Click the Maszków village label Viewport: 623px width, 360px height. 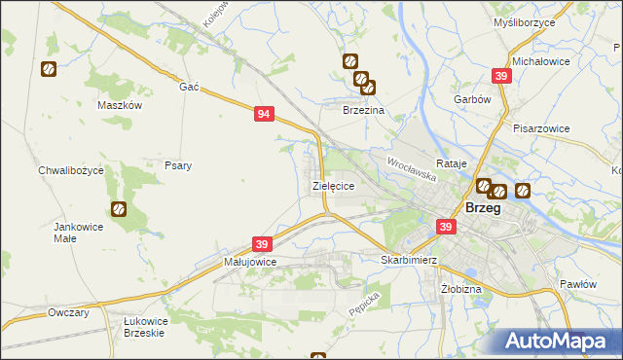pos(121,105)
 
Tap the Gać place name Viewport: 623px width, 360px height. pos(189,87)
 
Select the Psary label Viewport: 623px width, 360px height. pos(177,165)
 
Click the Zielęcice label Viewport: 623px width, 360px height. pos(332,184)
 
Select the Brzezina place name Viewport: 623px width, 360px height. pos(363,111)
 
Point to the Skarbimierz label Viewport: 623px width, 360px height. pos(408,261)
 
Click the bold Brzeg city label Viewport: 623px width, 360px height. pos(485,208)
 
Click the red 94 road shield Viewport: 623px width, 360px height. pos(264,114)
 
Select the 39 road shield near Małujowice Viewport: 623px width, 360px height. pos(262,243)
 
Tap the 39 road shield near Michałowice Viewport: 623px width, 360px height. pos(501,76)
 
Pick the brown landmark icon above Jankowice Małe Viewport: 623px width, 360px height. pos(119,208)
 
